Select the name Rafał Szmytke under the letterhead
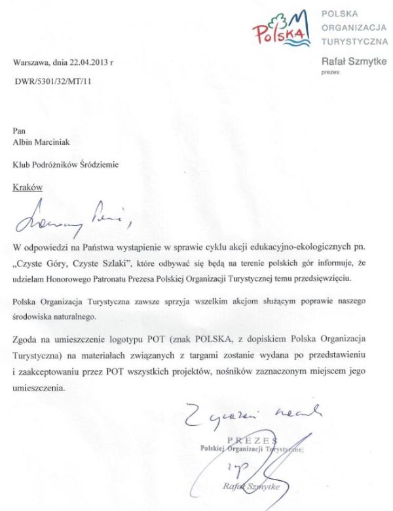(353, 62)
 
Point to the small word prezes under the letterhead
(329, 73)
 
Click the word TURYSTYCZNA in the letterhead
(354, 41)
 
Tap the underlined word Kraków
(28, 187)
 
